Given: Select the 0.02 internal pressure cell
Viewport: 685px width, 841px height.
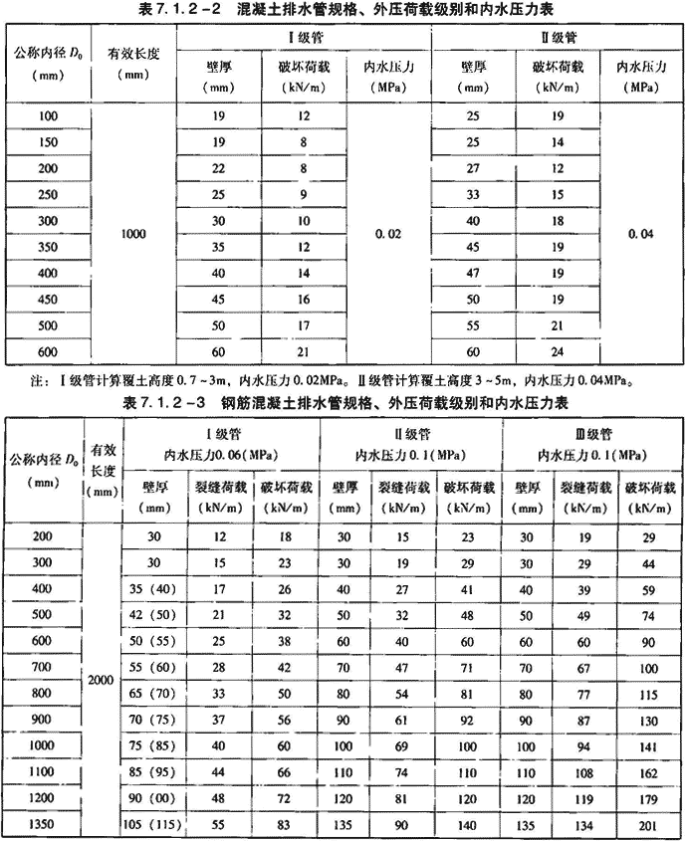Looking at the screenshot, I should point(389,235).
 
